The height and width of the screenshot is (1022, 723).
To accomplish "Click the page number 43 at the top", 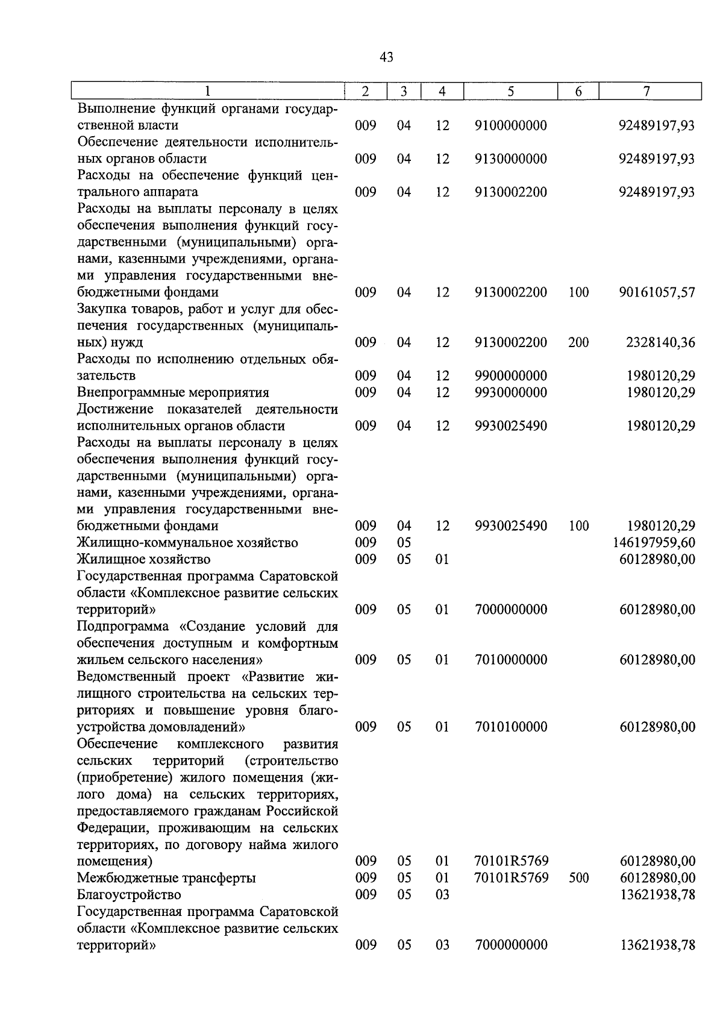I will (x=387, y=57).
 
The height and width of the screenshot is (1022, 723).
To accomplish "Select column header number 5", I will (x=510, y=92).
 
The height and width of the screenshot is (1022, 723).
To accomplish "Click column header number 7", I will (x=646, y=92).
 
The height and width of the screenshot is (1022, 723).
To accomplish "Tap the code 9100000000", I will (x=510, y=125).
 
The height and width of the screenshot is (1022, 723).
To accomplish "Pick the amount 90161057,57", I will (x=657, y=292).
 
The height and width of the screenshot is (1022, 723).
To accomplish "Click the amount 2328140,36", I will (x=660, y=342).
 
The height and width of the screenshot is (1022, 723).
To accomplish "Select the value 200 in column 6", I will (x=578, y=342).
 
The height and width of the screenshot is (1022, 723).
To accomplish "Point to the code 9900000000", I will (x=510, y=376).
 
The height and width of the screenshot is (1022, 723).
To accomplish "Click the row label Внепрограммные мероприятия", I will (x=173, y=393).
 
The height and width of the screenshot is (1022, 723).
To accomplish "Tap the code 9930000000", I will (x=510, y=392).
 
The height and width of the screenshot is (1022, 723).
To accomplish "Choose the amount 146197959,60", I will (x=654, y=542).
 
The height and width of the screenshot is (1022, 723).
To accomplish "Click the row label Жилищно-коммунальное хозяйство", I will (x=187, y=542).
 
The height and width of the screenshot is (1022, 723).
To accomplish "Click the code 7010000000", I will (x=510, y=660).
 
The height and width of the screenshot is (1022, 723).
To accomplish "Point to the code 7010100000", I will (x=510, y=727).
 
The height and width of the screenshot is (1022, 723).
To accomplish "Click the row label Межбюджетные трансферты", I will (x=166, y=878).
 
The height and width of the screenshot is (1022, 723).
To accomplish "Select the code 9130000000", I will (x=510, y=159).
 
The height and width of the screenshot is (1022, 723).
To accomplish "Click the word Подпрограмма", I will (x=123, y=627).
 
